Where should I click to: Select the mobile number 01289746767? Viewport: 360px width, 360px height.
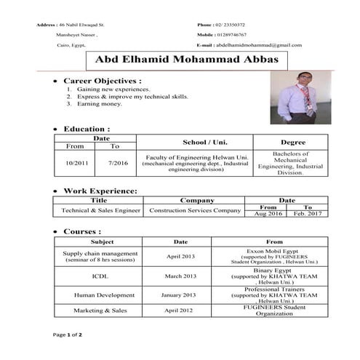232,34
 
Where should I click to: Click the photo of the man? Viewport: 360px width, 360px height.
297,100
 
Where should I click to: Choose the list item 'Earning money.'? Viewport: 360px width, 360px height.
100,104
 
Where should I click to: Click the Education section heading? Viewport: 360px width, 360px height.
87,129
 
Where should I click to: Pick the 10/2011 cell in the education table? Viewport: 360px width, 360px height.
77,163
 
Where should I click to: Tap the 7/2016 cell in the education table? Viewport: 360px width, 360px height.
117,163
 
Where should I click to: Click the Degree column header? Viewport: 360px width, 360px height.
292,142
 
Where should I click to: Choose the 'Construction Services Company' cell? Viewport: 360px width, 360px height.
194,210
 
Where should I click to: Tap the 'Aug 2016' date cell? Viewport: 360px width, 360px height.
268,214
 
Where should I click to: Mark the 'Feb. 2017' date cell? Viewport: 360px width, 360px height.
306,214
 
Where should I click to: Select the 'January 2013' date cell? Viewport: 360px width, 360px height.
181,295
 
